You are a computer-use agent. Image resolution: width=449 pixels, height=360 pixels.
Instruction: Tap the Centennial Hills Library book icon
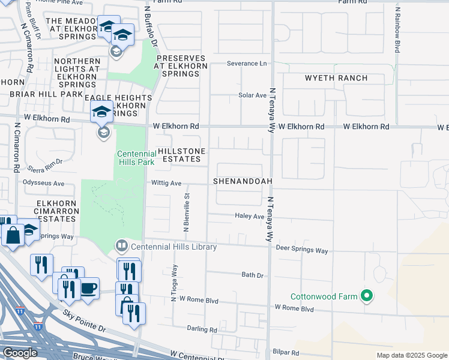coord(121,246)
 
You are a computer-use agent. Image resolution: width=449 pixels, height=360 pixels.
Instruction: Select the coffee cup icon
coord(88,288)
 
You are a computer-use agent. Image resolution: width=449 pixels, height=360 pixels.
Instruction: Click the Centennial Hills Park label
coord(136,158)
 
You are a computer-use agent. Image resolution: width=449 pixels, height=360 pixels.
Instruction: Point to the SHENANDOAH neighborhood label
coord(243,181)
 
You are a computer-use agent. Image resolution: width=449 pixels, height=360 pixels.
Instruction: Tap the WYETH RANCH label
coord(336,78)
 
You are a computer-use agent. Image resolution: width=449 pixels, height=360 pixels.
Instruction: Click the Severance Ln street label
coord(246,63)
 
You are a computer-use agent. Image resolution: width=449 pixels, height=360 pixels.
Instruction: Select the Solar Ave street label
coord(252,95)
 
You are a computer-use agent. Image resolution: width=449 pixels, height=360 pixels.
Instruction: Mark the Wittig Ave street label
coord(166,183)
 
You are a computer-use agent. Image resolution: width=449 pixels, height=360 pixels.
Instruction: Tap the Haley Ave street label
coord(250,216)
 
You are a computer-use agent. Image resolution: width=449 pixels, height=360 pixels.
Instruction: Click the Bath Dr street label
coord(252,275)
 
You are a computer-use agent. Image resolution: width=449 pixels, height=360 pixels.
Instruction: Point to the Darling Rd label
coord(202,329)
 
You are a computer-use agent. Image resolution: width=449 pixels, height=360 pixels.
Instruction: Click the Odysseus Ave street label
coord(43,183)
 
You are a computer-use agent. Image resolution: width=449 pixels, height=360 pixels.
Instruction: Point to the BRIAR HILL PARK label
coord(46,94)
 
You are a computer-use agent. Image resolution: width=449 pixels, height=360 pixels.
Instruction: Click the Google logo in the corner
coord(20,353)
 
